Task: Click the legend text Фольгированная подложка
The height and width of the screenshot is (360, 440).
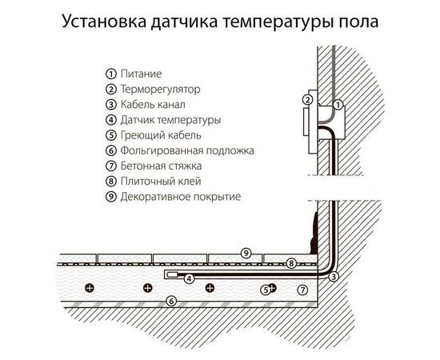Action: coord(191,150)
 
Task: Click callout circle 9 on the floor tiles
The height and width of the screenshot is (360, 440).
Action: coord(247,253)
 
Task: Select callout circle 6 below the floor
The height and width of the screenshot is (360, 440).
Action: coord(170,301)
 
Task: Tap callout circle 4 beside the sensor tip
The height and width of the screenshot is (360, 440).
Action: coord(189,278)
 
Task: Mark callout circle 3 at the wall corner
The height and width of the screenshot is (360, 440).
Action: coord(334,276)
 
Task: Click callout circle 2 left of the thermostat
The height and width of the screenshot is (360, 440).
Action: coord(306,100)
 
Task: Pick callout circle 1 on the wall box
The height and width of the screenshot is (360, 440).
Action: coord(338,104)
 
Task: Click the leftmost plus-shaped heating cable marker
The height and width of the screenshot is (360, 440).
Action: coord(90,286)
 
